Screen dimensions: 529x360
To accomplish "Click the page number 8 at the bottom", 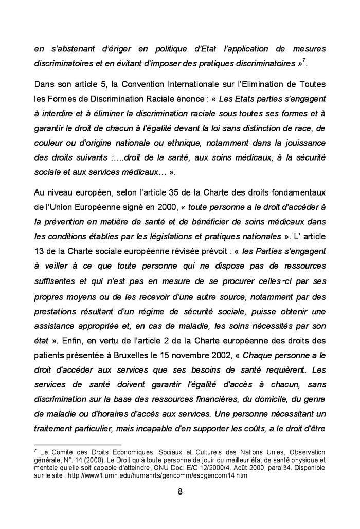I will (180, 490).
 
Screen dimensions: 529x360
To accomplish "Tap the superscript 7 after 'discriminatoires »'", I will (304, 60).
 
